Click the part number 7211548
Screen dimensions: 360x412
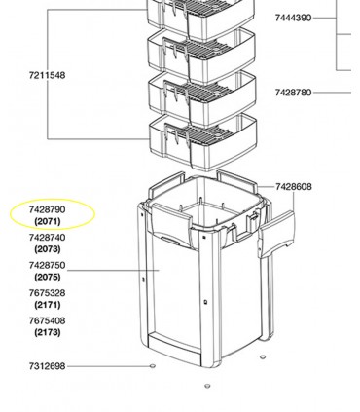pyautogui.click(x=47, y=75)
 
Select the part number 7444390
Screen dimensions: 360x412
pyautogui.click(x=293, y=18)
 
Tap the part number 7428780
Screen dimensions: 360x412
pyautogui.click(x=293, y=93)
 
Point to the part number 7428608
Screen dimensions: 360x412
pyautogui.click(x=294, y=187)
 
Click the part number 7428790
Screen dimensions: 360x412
pyautogui.click(x=47, y=209)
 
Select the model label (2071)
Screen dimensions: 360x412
pyautogui.click(x=48, y=221)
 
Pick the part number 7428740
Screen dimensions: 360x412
pyautogui.click(x=47, y=238)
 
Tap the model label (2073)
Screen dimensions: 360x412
pyautogui.click(x=48, y=249)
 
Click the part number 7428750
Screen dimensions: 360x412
pyautogui.click(x=47, y=265)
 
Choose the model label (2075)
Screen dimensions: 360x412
pyautogui.click(x=48, y=277)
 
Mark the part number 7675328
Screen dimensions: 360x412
pyautogui.click(x=47, y=293)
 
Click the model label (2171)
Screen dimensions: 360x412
pyautogui.click(x=48, y=305)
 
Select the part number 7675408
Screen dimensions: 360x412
pyautogui.click(x=47, y=320)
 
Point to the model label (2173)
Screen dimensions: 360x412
pyautogui.click(x=48, y=332)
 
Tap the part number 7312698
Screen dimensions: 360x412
pyautogui.click(x=47, y=366)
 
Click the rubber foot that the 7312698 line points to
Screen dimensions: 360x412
pyautogui.click(x=152, y=366)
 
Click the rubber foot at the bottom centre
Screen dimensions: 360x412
pyautogui.click(x=207, y=386)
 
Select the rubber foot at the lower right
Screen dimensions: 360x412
pyautogui.click(x=263, y=357)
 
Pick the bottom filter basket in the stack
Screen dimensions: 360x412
pyautogui.click(x=203, y=142)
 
